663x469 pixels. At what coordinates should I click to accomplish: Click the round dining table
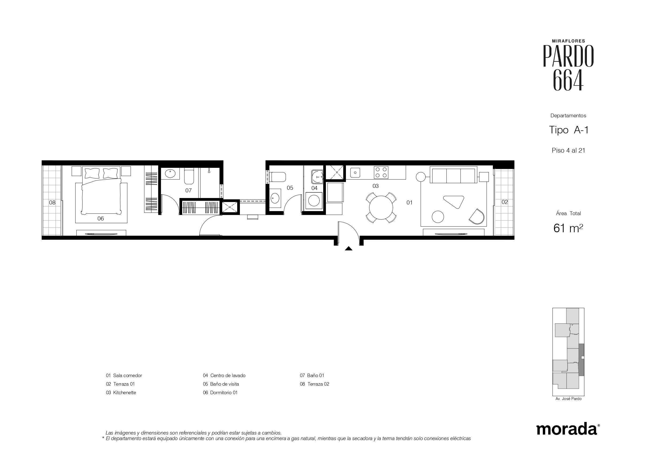coord(381,207)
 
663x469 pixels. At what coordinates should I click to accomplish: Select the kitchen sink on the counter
coord(355,173)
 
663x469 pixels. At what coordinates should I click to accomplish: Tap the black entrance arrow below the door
coord(349,248)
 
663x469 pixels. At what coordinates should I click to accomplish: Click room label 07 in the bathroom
coord(188,191)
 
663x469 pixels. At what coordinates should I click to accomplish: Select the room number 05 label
coord(290,188)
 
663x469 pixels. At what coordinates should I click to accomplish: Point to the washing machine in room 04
coord(314,200)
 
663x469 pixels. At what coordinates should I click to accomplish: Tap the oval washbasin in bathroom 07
coord(170,173)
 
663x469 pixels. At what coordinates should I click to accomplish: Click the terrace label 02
coord(505,202)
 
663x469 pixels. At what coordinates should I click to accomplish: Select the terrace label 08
coord(52,202)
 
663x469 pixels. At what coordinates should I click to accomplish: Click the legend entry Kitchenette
coord(124,392)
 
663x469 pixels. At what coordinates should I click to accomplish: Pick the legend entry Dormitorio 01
coord(224,392)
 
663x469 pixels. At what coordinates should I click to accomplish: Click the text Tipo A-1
coord(569,130)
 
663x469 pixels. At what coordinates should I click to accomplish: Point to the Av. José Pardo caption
coord(568,398)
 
